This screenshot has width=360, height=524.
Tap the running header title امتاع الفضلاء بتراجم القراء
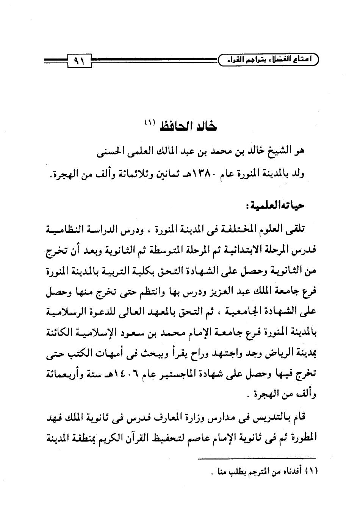point(269,60)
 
